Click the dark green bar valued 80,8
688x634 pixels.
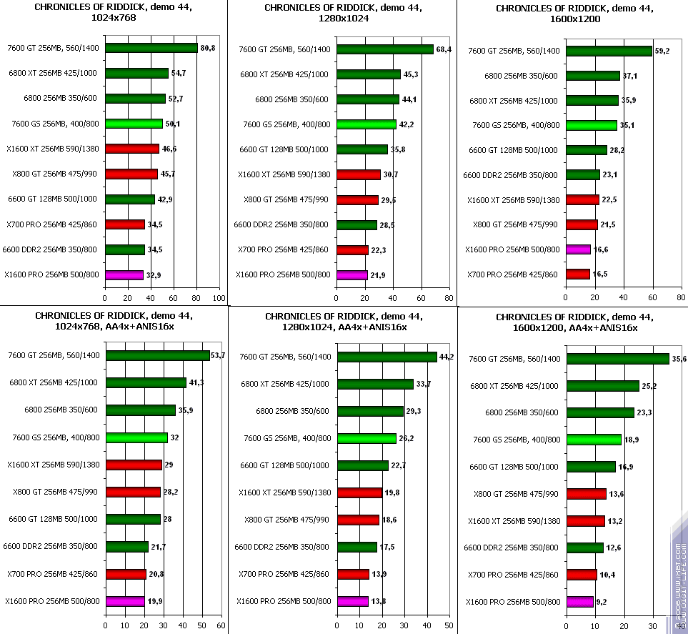click(x=151, y=48)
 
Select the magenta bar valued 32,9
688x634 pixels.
click(x=124, y=274)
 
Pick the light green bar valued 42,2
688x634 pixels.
click(x=367, y=124)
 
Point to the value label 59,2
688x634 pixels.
click(x=663, y=51)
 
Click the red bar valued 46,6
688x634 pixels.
click(x=132, y=149)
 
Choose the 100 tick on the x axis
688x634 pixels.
click(x=219, y=297)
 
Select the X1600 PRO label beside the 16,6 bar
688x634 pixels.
click(x=513, y=249)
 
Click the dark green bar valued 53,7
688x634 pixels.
click(x=157, y=355)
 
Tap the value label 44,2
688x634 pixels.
click(x=447, y=356)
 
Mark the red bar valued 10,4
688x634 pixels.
click(x=582, y=575)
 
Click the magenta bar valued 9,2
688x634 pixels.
click(x=579, y=602)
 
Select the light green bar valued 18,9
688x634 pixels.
click(x=594, y=440)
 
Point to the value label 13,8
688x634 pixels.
click(x=378, y=601)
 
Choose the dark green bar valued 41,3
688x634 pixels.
click(x=146, y=382)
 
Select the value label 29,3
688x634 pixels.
click(x=414, y=411)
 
